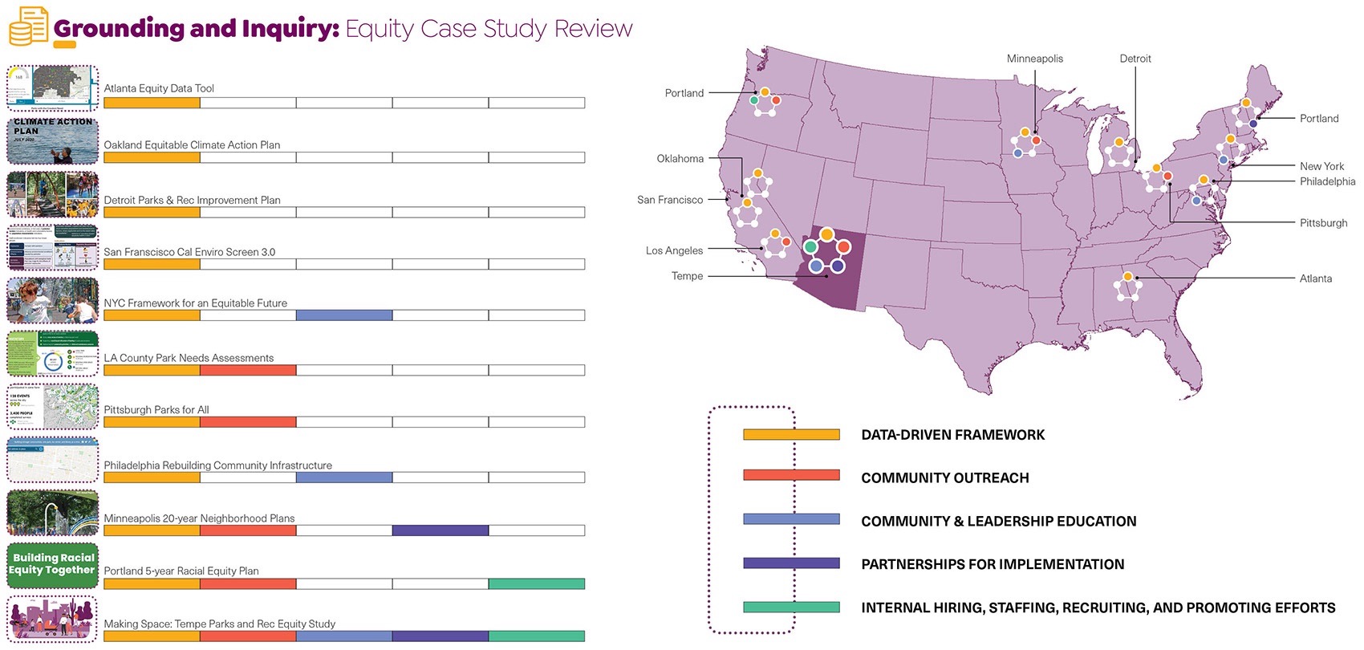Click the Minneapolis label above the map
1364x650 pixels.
point(1034,59)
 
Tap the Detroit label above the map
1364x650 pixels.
point(1135,59)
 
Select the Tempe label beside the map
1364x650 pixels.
point(687,276)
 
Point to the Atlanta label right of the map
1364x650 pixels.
point(1315,278)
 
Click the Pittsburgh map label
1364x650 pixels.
point(1323,223)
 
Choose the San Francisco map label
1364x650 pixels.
point(669,200)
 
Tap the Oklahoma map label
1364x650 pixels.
point(680,159)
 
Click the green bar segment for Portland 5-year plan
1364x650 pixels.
point(536,584)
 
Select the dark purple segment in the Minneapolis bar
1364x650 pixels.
point(440,530)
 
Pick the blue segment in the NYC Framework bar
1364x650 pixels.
point(343,315)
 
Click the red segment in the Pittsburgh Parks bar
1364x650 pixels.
point(247,421)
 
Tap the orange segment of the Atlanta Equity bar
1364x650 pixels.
point(152,103)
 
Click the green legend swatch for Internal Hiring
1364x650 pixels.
point(790,607)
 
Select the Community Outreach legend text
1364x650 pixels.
point(944,478)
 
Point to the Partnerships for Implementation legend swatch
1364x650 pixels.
point(790,563)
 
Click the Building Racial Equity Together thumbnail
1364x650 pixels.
point(53,565)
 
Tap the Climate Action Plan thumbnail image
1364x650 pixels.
point(53,141)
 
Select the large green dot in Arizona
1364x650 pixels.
point(811,247)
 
